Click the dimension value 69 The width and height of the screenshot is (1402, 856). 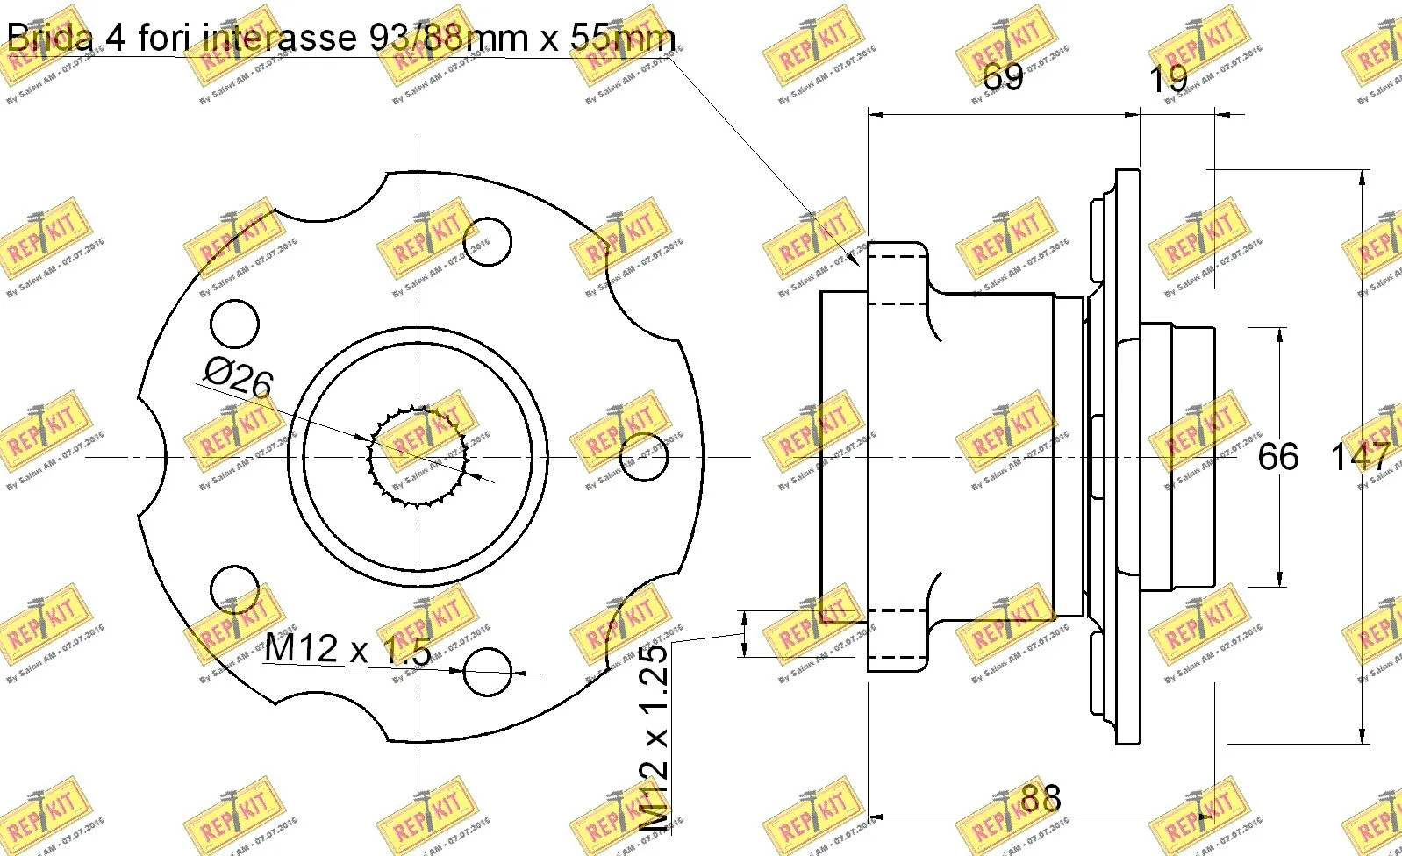pyautogui.click(x=1002, y=77)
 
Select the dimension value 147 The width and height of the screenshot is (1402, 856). pyautogui.click(x=1361, y=457)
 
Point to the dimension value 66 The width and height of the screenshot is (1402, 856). pyautogui.click(x=1277, y=457)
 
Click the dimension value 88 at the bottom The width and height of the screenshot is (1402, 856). pyautogui.click(x=1041, y=798)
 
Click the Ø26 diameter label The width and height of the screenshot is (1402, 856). pyautogui.click(x=239, y=380)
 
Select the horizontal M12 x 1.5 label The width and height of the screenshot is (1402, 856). pyautogui.click(x=347, y=650)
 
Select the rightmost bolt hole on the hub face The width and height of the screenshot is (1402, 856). pyautogui.click(x=644, y=457)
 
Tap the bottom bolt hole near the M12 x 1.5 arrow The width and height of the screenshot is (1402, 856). pyautogui.click(x=488, y=673)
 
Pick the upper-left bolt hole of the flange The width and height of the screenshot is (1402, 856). pyautogui.click(x=236, y=324)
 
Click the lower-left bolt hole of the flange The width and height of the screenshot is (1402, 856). pyautogui.click(x=236, y=588)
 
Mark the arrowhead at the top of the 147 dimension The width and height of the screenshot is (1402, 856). pyautogui.click(x=1362, y=176)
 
